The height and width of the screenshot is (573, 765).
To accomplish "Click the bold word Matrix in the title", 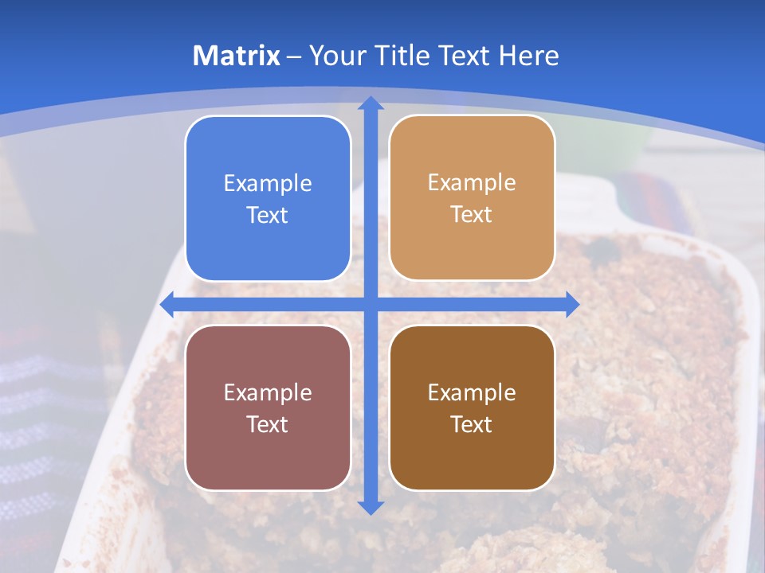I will (x=237, y=56).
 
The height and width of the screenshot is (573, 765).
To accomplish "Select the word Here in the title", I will (x=530, y=56).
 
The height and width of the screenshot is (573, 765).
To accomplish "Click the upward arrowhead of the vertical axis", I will (x=371, y=103).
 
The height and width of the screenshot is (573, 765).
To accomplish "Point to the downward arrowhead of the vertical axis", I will (x=371, y=507).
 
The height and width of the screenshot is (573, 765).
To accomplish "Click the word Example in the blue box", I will (x=268, y=184).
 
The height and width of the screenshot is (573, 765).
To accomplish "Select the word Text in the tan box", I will (x=472, y=215).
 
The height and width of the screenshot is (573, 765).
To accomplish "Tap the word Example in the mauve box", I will (x=268, y=393).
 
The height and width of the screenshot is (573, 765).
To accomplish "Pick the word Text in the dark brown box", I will (x=472, y=425).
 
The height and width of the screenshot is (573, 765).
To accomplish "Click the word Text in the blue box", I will (x=268, y=216).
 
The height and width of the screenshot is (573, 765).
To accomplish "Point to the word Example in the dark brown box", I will (x=472, y=393).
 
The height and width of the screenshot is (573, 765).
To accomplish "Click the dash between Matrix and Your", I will (x=294, y=57).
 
